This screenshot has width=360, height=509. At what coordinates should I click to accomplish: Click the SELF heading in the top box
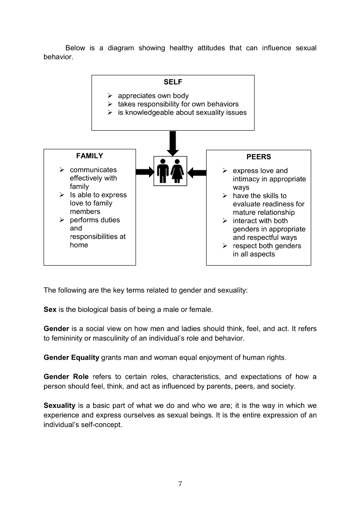[173, 82]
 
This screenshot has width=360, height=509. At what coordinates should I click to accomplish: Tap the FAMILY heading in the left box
[89, 156]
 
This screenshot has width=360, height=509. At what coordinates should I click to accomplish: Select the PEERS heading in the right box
[258, 157]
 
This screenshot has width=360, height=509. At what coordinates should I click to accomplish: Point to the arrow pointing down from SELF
[173, 143]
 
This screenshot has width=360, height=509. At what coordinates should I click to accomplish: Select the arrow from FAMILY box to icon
[145, 172]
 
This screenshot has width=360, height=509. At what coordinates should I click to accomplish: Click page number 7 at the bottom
[180, 484]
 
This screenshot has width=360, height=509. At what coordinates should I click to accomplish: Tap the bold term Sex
[50, 310]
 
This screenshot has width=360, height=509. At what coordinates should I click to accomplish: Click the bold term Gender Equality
[71, 358]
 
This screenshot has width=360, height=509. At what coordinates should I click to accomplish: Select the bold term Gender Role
[66, 377]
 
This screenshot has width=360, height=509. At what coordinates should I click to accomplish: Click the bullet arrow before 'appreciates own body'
[110, 96]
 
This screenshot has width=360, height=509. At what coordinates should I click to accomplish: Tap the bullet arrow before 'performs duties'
[62, 220]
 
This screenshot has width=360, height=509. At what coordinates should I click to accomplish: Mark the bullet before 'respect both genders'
[225, 246]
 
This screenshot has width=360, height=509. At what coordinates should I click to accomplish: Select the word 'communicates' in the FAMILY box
[93, 170]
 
